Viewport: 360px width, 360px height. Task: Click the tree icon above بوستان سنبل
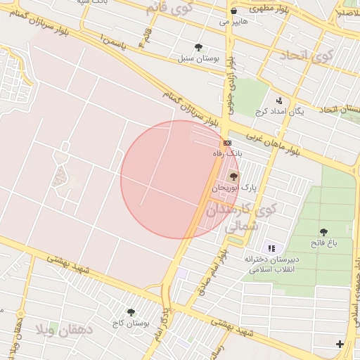[x=199, y=48]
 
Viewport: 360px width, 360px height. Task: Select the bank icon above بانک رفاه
[x=226, y=142]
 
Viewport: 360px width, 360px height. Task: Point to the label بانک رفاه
[x=229, y=153]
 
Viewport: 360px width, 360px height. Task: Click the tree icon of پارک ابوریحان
[x=233, y=176]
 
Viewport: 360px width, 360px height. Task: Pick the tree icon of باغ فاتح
[x=323, y=231]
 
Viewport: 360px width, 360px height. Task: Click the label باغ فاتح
[x=324, y=243]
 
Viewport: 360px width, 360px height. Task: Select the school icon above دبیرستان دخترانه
[x=272, y=247]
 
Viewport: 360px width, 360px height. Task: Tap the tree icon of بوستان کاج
[x=131, y=311]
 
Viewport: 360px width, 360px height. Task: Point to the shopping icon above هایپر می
[x=233, y=11]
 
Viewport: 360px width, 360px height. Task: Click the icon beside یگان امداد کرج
[x=279, y=100]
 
